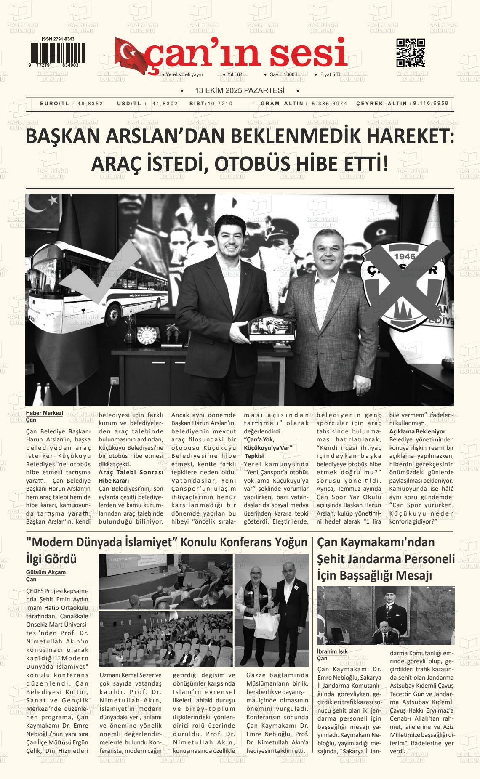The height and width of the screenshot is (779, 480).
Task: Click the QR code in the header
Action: (411, 53)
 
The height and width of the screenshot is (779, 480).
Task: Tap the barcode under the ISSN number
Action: (57, 53)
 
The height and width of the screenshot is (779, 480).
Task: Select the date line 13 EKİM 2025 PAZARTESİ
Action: (240, 90)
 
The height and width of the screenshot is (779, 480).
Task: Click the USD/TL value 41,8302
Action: (165, 104)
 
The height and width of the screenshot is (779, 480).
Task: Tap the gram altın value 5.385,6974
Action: (330, 104)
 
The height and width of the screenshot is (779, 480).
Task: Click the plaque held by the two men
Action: (265, 328)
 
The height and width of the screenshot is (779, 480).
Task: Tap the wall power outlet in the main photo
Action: (113, 381)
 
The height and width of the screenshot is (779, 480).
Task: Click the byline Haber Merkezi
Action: (44, 413)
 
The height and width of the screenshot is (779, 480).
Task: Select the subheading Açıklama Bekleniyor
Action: (417, 431)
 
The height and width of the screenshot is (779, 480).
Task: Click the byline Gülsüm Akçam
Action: (46, 572)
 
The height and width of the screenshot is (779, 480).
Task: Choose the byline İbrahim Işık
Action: (332, 651)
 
